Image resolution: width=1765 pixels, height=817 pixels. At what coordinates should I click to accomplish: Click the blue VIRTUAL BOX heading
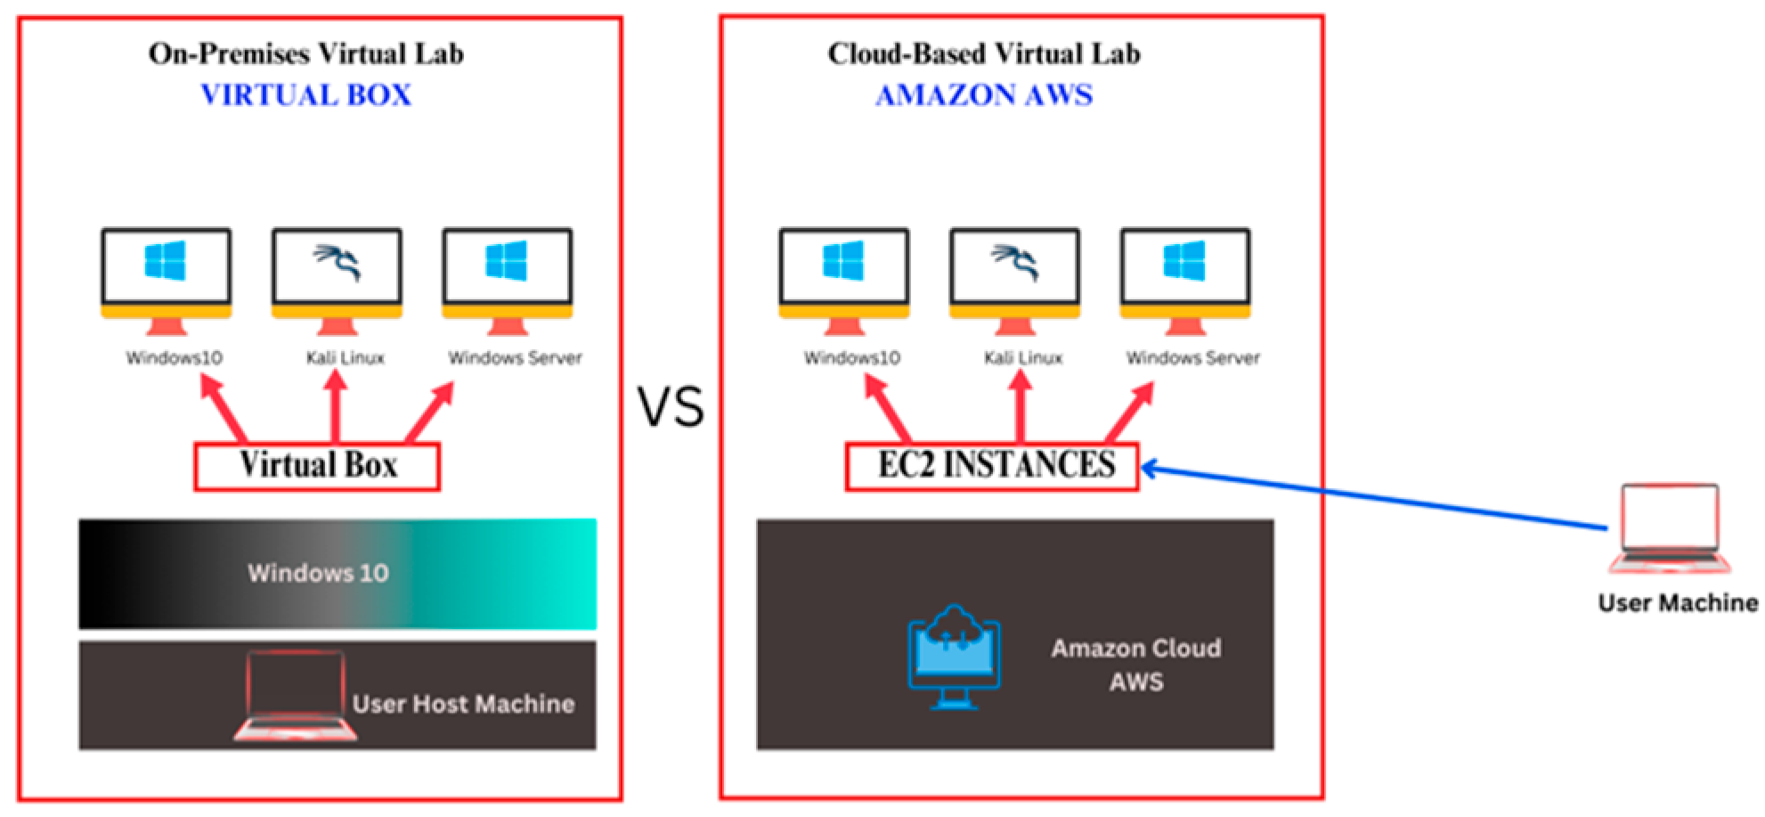[305, 94]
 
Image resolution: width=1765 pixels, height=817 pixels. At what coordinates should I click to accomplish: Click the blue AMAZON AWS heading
[983, 94]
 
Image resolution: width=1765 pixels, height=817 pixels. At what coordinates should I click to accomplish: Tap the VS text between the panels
[671, 407]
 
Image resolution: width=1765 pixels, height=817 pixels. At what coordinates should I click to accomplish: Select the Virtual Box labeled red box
[317, 466]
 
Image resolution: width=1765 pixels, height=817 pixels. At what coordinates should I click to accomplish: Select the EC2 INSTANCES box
[992, 466]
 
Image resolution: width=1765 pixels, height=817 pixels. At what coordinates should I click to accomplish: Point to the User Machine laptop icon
[1670, 527]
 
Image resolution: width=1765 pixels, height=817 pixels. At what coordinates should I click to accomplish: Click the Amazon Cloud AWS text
[1135, 665]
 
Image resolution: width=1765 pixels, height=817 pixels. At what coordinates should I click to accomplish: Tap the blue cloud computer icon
[954, 657]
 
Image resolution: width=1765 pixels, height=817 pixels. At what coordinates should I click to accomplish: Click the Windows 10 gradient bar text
[318, 573]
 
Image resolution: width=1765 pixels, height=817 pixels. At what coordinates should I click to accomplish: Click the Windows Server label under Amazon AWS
[1192, 358]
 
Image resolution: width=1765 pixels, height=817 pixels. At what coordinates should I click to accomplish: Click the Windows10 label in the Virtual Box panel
[175, 358]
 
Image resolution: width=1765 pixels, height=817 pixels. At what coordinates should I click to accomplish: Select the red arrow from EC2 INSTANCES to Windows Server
[1130, 411]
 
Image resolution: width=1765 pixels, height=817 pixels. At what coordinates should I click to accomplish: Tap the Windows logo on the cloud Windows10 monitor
[843, 261]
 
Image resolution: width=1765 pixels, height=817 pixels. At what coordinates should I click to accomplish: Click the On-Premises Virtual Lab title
[305, 53]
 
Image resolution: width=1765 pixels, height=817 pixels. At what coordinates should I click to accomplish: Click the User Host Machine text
[463, 704]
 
